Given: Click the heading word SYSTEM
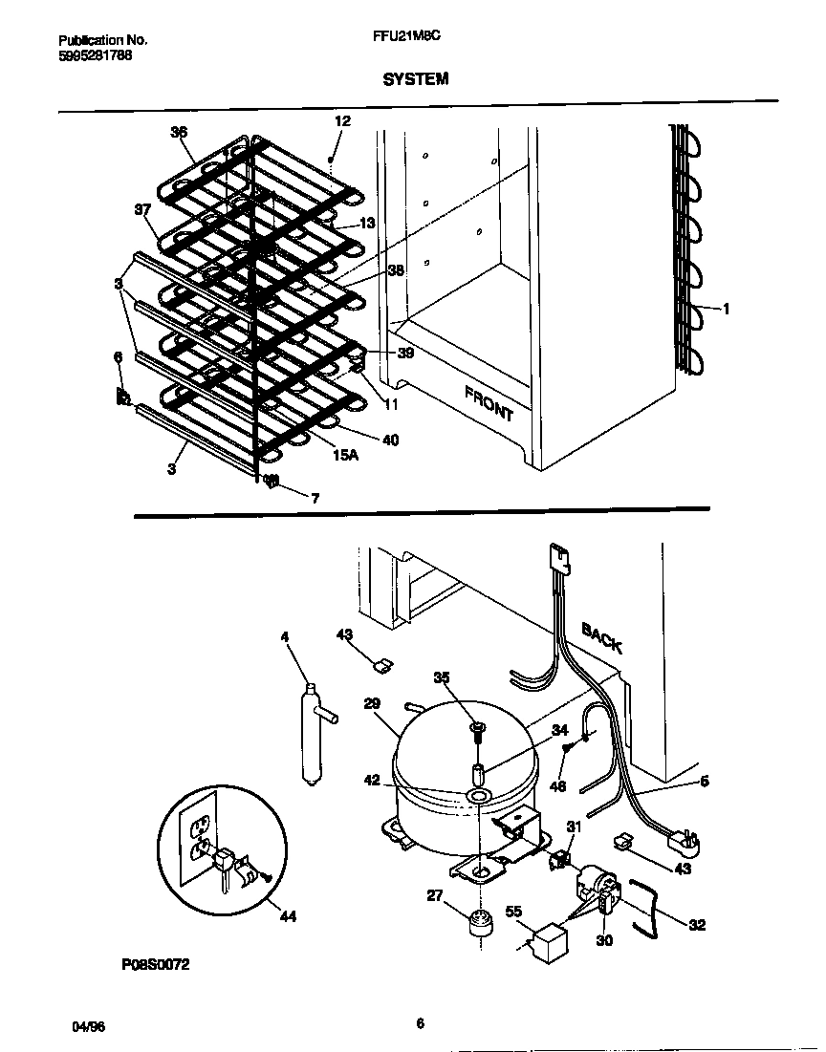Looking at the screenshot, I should [x=415, y=79].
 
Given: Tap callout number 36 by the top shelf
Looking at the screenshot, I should [x=179, y=133].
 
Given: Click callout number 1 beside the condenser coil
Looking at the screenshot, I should [x=727, y=309].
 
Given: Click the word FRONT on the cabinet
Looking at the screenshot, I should [x=489, y=403].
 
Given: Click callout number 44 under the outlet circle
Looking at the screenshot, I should [x=288, y=916].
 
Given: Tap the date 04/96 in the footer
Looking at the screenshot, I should [x=88, y=1025].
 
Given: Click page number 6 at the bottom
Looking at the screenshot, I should [x=419, y=1023].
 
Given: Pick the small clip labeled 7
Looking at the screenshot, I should [x=271, y=482].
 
